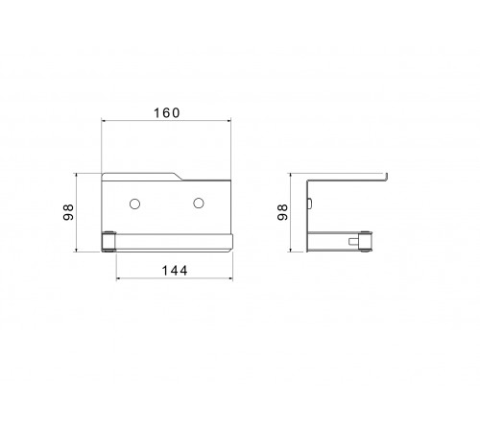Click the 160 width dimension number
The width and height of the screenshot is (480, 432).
(x=167, y=113)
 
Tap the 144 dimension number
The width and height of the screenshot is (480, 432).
(x=175, y=271)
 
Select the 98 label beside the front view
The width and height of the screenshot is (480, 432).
(x=68, y=212)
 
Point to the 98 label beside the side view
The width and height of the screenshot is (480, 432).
(x=282, y=212)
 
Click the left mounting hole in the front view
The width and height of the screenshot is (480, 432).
(x=134, y=204)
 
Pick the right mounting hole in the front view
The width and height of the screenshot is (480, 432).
(x=199, y=203)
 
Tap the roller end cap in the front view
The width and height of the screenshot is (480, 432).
(x=108, y=242)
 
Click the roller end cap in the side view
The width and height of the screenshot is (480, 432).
(x=365, y=241)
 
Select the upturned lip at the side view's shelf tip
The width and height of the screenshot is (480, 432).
(x=386, y=178)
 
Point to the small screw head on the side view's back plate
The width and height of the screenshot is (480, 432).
(x=310, y=204)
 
